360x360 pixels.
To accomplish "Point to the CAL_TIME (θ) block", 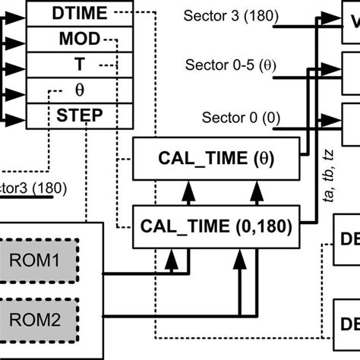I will point(216,159).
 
